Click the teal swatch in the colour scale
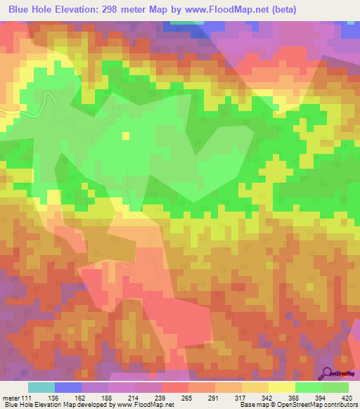click(x=41, y=387)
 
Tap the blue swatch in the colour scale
click(x=68, y=387)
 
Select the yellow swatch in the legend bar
click(x=282, y=387)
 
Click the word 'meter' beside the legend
click(x=11, y=397)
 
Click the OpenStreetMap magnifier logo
click(x=328, y=373)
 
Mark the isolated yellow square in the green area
click(x=127, y=136)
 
